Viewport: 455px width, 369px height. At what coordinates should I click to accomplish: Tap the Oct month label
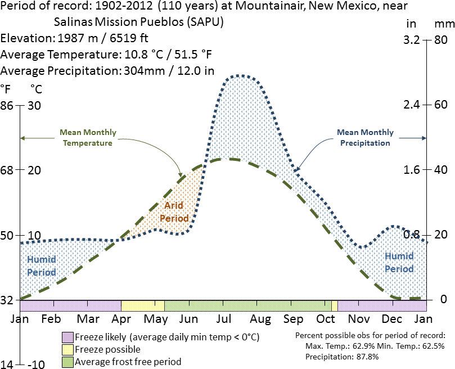click(326, 319)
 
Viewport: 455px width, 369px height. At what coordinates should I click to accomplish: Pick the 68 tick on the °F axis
click(8, 170)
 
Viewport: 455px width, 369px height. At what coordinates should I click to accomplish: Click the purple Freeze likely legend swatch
click(67, 337)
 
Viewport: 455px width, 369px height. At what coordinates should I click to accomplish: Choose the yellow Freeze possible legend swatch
click(67, 349)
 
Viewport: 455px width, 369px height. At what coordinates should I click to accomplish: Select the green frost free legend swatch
click(67, 362)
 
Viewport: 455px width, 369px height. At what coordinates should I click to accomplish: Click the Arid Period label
click(174, 212)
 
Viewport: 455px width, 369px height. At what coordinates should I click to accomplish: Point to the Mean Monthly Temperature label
click(88, 138)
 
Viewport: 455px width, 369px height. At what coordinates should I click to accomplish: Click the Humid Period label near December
click(399, 262)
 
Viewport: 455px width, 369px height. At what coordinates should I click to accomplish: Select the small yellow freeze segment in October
click(334, 305)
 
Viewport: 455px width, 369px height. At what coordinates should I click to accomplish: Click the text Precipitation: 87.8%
click(335, 357)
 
